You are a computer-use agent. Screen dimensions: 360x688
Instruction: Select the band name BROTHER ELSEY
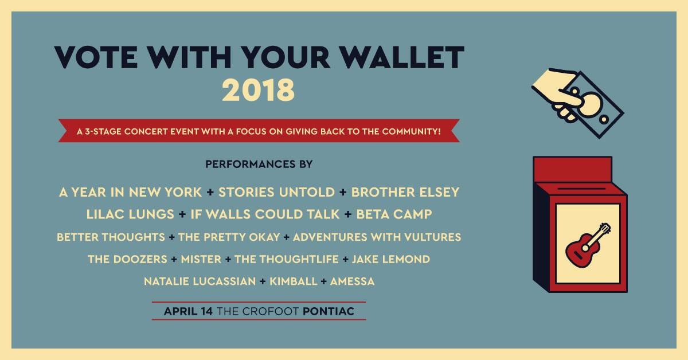(405, 192)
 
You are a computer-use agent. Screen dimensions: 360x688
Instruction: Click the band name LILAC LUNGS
(130, 214)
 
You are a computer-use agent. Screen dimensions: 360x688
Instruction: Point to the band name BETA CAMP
(394, 214)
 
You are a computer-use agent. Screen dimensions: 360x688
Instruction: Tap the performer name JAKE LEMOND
(390, 259)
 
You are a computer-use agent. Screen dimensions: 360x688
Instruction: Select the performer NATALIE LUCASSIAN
(199, 281)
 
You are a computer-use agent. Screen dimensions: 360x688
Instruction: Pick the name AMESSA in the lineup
(352, 281)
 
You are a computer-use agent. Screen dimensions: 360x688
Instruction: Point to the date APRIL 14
(188, 311)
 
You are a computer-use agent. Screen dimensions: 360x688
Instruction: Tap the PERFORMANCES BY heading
(259, 165)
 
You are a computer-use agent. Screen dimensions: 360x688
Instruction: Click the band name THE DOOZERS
(128, 259)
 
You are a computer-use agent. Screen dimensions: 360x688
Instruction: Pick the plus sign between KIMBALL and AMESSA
(325, 281)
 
